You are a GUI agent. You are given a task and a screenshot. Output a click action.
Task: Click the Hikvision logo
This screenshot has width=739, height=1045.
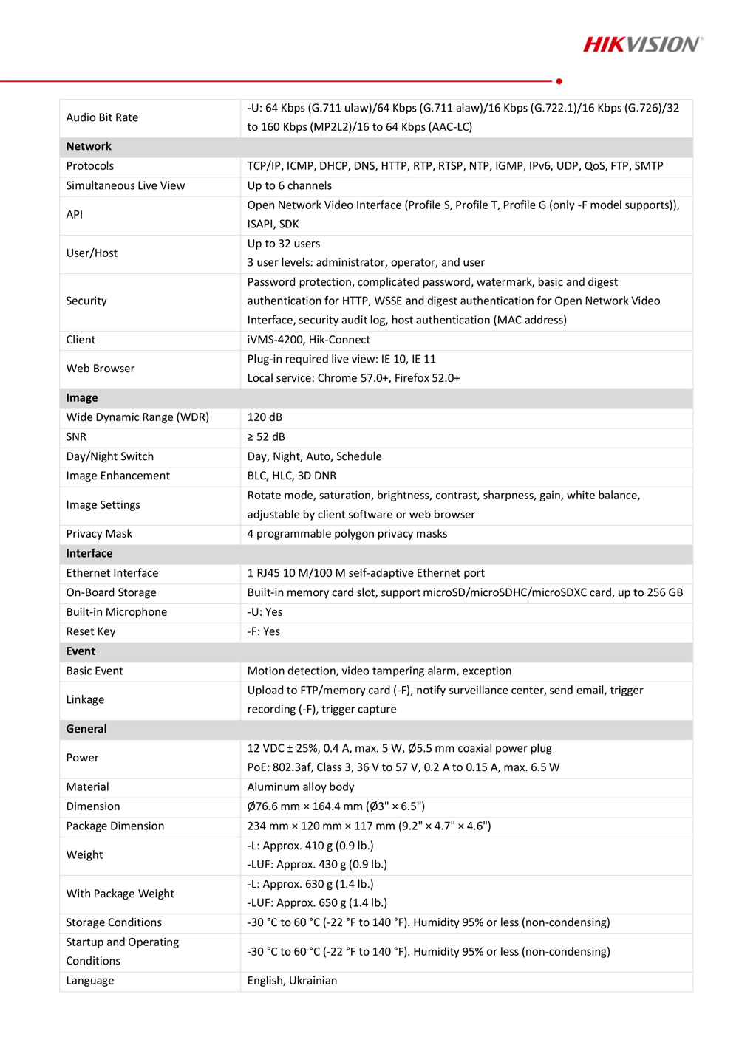coord(642,44)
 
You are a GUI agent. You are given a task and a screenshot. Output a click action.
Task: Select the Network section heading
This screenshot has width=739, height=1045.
coord(89,146)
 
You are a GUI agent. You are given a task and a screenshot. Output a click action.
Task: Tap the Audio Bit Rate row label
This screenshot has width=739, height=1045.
coord(102,117)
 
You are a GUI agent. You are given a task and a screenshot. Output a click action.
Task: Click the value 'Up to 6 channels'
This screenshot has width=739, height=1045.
coord(289,185)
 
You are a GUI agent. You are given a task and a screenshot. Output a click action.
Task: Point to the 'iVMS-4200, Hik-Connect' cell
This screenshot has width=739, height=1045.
coord(308,340)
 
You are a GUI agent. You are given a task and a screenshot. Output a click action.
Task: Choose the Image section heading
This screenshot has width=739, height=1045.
coord(82,397)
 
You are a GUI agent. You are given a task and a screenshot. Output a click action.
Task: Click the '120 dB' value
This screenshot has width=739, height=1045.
coord(265,417)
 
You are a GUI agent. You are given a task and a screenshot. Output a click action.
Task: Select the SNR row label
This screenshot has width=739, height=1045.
coord(76,436)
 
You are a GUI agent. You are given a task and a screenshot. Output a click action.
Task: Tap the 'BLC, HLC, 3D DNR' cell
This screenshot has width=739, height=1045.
coord(291,476)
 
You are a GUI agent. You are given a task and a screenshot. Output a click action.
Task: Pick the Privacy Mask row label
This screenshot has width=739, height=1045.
coord(99,533)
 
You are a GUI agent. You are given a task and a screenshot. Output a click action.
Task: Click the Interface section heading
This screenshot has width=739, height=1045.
coord(89,553)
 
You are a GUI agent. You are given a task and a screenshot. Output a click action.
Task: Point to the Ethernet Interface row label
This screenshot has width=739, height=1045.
coord(112,573)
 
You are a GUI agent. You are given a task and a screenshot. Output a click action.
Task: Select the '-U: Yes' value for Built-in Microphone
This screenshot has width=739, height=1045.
coord(265,612)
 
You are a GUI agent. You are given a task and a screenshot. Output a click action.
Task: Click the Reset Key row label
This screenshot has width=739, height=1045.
coord(91,631)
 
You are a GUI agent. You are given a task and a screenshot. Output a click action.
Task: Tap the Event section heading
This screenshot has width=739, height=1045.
coord(81,651)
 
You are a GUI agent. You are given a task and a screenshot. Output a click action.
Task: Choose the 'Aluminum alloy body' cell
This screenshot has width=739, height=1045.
coord(301,787)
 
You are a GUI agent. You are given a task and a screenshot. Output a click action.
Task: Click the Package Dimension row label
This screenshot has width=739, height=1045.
coord(115,826)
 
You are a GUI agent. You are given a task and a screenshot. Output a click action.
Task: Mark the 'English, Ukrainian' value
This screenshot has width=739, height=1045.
coord(292,981)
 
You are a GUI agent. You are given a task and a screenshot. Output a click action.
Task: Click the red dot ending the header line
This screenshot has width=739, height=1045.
coord(559,81)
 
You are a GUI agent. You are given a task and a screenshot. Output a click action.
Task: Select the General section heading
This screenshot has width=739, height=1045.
coord(86,729)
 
